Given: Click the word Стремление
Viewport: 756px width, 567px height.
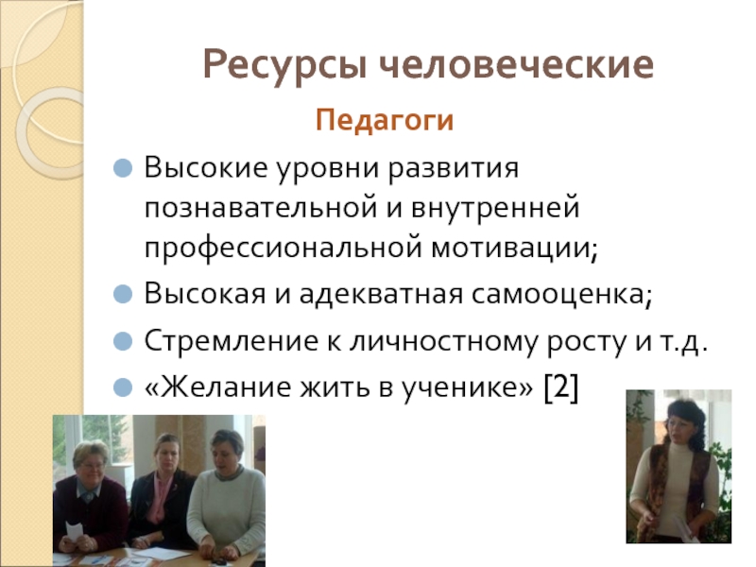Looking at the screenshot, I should [217, 341].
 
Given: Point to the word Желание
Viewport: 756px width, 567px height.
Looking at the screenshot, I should [216, 387].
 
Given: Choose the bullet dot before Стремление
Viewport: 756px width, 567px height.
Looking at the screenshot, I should [123, 341].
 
